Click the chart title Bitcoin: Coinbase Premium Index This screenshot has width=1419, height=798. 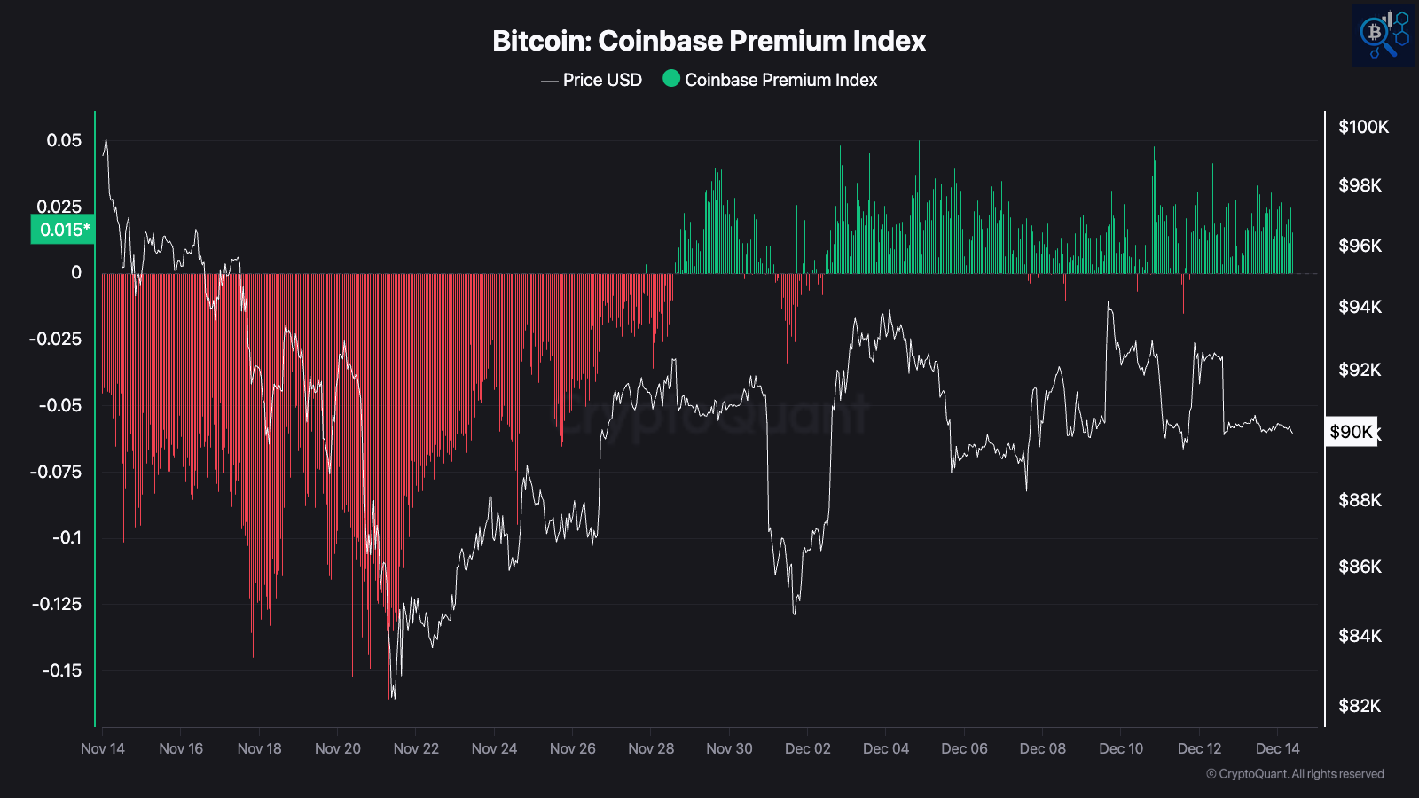coord(709,41)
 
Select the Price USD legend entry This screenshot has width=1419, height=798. coord(601,80)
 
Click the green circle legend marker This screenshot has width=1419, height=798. coord(671,79)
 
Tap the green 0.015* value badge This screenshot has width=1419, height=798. coord(63,230)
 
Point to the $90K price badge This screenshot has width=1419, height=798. coord(1351,432)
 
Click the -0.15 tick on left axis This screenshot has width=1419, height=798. coord(61,670)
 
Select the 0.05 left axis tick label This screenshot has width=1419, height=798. coord(64,140)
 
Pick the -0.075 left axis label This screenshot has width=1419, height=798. coord(56,472)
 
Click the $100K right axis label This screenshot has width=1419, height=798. coord(1363,127)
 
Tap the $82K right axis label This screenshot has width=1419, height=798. coord(1360,706)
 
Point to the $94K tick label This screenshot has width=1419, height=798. coord(1360,307)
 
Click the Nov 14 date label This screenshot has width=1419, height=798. coord(103,748)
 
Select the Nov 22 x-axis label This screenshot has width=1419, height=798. coord(416,748)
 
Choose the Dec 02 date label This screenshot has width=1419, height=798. coord(807,748)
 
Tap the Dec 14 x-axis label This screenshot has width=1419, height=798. coord(1277,748)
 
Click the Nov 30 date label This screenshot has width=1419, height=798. coord(729,748)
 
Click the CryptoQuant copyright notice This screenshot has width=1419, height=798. coord(1294,774)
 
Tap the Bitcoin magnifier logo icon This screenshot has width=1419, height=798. coord(1383,35)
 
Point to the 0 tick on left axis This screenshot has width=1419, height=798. coord(76,273)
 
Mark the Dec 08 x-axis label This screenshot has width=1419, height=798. coord(1042,748)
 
